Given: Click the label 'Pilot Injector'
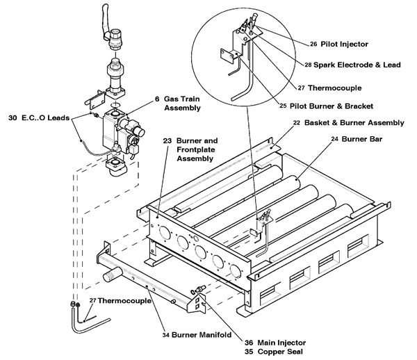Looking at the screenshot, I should pos(345,44).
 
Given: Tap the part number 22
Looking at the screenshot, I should pos(297,123).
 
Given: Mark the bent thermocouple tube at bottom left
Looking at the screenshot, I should pos(74,319).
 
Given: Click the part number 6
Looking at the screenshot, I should pos(157,99).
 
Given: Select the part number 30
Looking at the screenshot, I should pos(13,117).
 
